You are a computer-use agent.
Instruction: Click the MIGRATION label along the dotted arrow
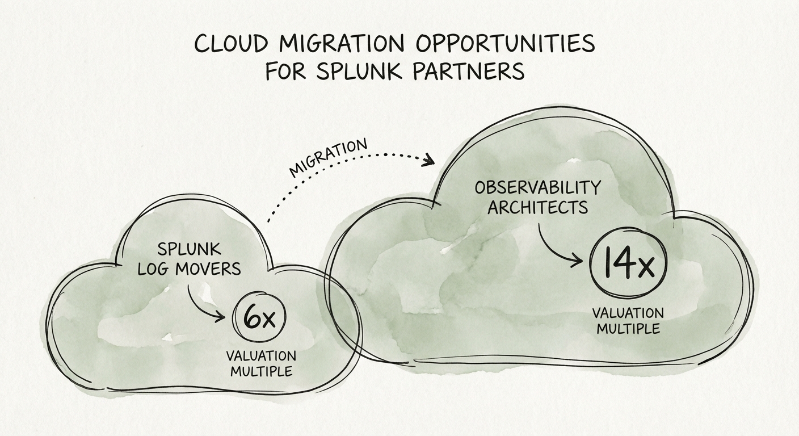[329, 157]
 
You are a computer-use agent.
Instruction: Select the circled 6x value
[259, 318]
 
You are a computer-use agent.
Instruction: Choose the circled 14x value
[628, 265]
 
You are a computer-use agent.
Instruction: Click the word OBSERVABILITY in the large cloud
[537, 187]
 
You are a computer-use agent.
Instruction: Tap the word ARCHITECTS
[537, 207]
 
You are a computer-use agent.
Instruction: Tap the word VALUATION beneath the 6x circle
[260, 357]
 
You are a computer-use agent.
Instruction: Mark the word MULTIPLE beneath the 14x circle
[627, 329]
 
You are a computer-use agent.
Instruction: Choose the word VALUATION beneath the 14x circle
[627, 313]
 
